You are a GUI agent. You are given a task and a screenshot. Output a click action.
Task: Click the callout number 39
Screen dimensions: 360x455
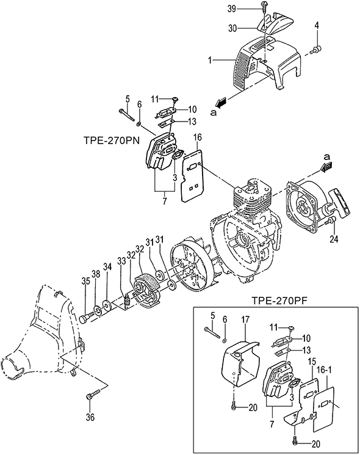point(232,9)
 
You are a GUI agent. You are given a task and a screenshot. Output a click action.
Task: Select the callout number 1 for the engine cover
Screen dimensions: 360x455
point(209,60)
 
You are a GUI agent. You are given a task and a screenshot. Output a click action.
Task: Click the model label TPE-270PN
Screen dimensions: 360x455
point(112,140)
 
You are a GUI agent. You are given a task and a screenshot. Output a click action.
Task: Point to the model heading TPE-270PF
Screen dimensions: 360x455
point(279,300)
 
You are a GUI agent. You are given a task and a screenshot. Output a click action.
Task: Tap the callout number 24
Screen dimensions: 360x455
point(333,239)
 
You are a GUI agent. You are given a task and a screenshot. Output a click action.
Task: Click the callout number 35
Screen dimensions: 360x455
point(85,281)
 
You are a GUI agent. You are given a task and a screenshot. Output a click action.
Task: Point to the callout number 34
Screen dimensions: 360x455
point(107,267)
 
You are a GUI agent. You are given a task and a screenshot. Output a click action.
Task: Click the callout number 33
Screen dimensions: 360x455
point(122,261)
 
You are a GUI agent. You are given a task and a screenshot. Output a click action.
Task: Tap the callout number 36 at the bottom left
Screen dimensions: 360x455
point(90,417)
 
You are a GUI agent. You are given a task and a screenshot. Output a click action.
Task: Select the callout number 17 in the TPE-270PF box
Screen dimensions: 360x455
point(245,321)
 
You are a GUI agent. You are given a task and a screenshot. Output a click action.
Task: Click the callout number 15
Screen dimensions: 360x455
point(312,362)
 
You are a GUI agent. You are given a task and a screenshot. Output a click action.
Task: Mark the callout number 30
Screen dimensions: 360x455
point(232,29)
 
